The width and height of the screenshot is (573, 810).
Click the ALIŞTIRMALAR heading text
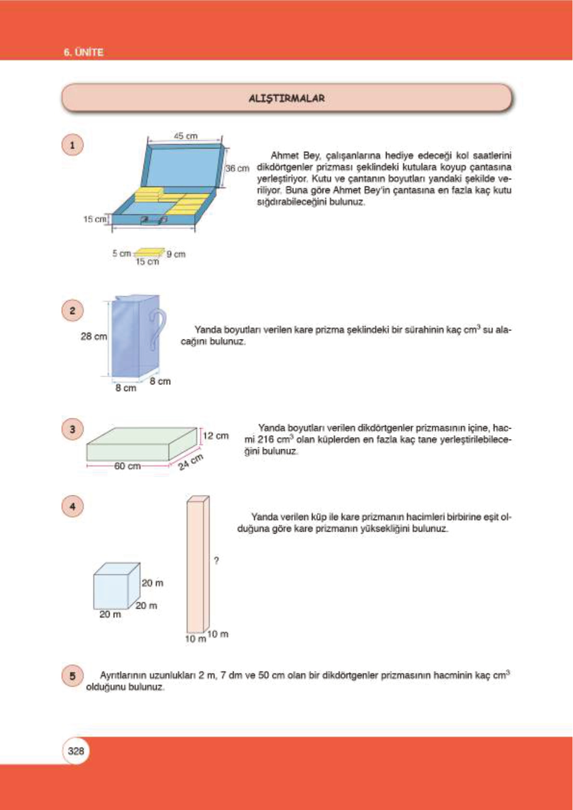(x=287, y=98)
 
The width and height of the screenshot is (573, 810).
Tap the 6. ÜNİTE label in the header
(x=83, y=52)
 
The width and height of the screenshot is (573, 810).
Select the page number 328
(x=76, y=751)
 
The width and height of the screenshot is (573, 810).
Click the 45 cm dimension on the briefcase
(x=185, y=136)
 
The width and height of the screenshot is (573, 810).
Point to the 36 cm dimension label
(x=237, y=168)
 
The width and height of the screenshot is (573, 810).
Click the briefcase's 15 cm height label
(x=94, y=219)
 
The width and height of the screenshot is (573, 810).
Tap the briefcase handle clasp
(x=153, y=220)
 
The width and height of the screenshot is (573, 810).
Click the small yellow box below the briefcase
(x=149, y=252)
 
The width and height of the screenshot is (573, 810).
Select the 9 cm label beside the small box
(x=176, y=254)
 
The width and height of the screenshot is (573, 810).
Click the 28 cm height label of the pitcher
(x=94, y=336)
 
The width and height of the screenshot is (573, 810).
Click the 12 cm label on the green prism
(x=216, y=436)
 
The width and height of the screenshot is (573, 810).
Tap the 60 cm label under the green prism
(x=127, y=466)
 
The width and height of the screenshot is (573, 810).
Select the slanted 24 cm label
(x=191, y=461)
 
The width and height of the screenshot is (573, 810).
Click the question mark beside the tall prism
(x=216, y=560)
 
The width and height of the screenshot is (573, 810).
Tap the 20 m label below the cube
(x=110, y=614)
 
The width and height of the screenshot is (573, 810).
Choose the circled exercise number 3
(x=73, y=429)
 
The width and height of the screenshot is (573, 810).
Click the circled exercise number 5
(x=73, y=676)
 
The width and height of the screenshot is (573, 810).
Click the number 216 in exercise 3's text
(x=266, y=440)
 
